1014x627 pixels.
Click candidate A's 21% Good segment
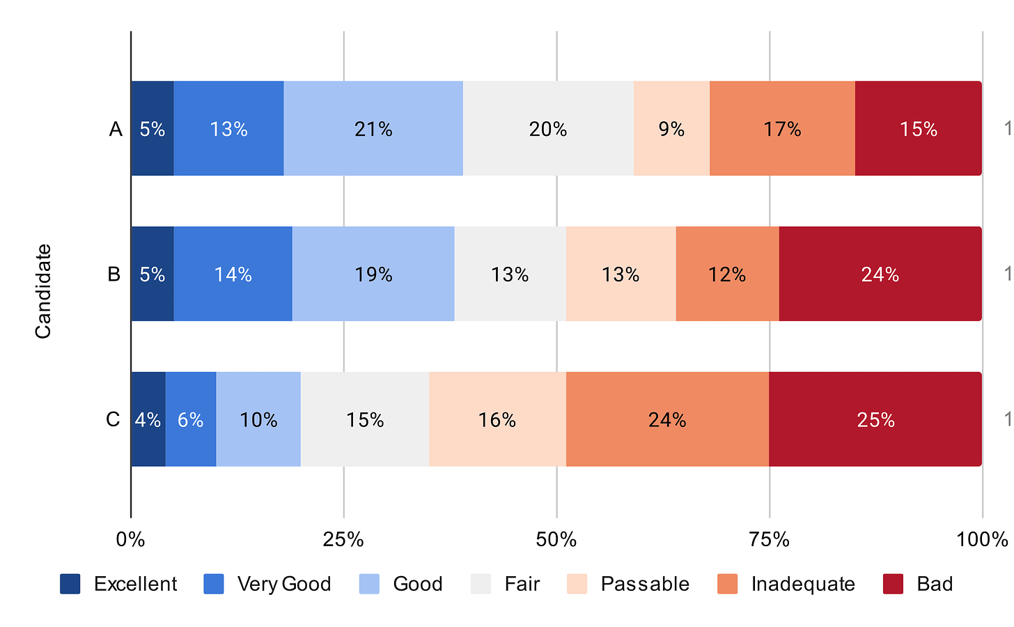[x=373, y=129]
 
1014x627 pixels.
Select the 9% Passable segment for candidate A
[x=671, y=129]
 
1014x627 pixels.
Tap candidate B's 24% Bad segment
[x=880, y=274]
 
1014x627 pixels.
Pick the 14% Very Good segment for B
[x=233, y=274]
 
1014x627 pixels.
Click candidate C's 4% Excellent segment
[x=148, y=420]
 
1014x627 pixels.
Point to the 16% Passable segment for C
[x=497, y=420]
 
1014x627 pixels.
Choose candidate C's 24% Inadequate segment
[x=667, y=420]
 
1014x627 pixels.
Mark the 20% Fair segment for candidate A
[x=548, y=129]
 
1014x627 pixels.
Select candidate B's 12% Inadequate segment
[x=727, y=274]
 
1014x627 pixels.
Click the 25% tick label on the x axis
[x=343, y=540]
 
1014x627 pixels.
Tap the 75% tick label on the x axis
[x=769, y=540]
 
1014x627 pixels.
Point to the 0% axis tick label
[x=131, y=540]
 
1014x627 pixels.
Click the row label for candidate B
[x=114, y=274]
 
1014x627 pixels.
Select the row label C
[x=113, y=420]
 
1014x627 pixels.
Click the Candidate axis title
[x=43, y=291]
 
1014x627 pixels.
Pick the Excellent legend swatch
[x=70, y=584]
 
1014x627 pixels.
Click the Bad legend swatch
[x=893, y=584]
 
